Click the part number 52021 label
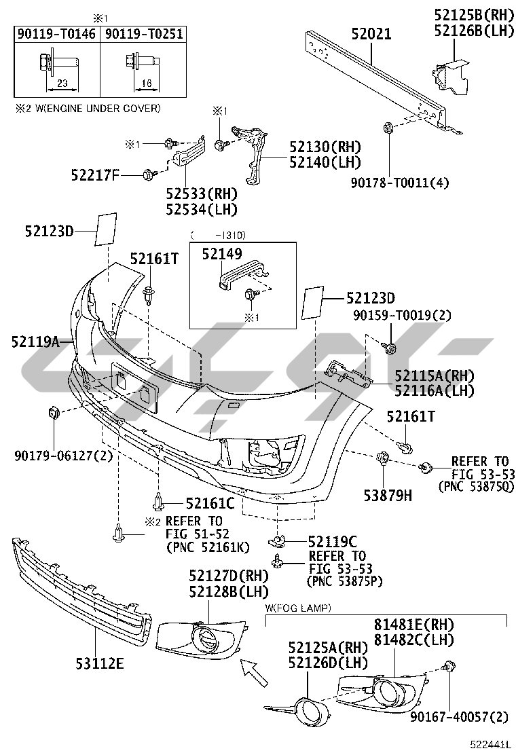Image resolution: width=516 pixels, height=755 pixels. [371, 34]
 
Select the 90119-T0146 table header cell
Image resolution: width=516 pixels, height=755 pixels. [57, 34]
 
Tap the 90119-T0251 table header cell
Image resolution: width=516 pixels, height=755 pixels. [143, 34]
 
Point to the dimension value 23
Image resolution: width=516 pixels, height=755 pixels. [62, 84]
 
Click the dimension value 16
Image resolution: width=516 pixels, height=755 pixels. [147, 84]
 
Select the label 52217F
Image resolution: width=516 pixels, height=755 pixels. [95, 175]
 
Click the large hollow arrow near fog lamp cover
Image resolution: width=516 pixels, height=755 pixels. [254, 671]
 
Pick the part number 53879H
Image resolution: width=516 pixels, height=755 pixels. [388, 495]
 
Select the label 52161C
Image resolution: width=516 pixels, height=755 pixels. [210, 503]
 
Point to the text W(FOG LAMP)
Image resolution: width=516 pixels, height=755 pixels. [298, 608]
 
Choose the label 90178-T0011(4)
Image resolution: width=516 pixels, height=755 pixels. [399, 183]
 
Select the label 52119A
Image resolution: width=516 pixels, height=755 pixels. [35, 342]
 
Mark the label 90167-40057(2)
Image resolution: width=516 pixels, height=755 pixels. [459, 718]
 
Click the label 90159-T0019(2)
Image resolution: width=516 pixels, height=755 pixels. [402, 316]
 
